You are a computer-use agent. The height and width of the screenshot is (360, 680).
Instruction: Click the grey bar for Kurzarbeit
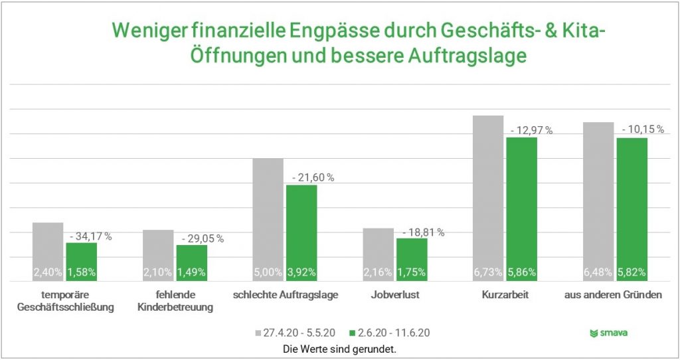coord(488,193)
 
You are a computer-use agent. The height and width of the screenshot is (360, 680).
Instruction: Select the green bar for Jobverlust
coord(412,256)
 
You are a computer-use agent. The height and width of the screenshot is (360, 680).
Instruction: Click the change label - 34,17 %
coord(91,236)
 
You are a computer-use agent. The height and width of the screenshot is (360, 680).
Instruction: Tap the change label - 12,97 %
coord(531,130)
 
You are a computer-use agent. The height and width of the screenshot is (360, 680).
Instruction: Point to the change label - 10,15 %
coord(642,130)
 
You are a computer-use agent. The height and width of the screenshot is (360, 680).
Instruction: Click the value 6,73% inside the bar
coord(488,272)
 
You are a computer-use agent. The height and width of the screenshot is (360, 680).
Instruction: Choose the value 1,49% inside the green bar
coord(191,272)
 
